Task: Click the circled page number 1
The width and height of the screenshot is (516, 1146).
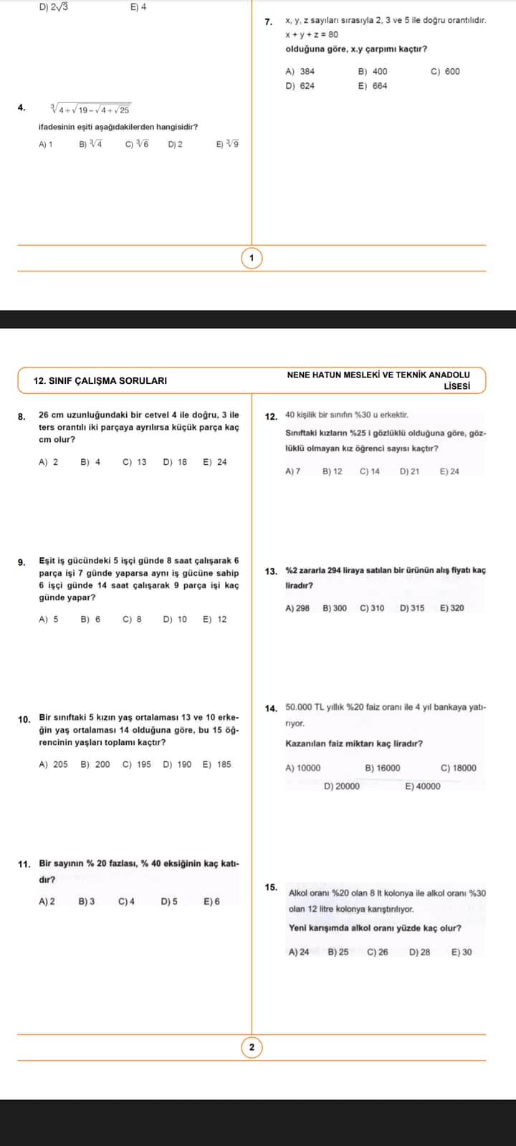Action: click(252, 258)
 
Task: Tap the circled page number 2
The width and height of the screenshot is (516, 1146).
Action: click(252, 1048)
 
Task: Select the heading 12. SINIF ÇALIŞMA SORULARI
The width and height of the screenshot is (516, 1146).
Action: click(100, 380)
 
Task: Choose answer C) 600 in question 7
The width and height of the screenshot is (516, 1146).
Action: click(445, 72)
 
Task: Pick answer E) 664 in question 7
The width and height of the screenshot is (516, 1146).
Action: click(372, 86)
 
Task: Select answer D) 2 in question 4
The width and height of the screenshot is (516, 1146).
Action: click(175, 144)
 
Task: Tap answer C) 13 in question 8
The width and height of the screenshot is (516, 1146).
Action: click(134, 462)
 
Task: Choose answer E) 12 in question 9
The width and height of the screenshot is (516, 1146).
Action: click(214, 619)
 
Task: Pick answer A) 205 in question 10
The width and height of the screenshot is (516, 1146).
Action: click(53, 764)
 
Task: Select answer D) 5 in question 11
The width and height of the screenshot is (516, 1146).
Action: click(170, 901)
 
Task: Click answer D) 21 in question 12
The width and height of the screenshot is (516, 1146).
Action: click(409, 471)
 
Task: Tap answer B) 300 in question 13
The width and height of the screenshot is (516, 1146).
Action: click(334, 608)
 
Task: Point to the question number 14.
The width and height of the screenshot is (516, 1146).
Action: click(271, 709)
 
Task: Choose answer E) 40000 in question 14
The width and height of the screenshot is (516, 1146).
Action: click(423, 786)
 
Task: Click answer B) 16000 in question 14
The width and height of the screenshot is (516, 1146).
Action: click(383, 768)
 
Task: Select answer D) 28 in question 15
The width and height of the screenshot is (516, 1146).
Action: click(419, 952)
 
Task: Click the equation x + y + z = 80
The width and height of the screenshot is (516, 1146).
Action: click(312, 34)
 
